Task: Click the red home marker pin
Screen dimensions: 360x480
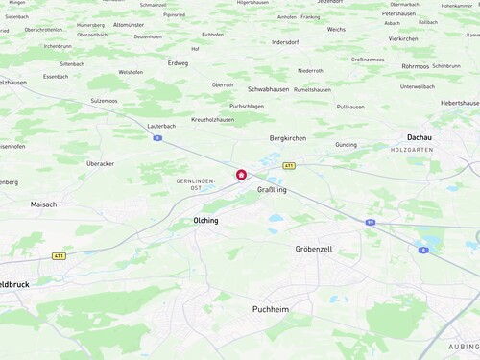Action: [x=241, y=175]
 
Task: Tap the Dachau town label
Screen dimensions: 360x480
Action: [x=420, y=138]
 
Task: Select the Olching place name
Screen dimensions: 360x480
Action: [x=205, y=221]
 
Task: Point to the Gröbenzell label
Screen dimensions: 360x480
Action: [x=313, y=249]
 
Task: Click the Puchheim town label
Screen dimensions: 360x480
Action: [x=270, y=309]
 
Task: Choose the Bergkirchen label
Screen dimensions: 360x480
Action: [x=288, y=138]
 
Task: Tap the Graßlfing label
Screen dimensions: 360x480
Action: [x=272, y=190]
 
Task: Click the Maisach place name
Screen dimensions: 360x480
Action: [x=43, y=204]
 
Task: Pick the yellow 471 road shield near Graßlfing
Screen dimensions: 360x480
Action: [x=289, y=165]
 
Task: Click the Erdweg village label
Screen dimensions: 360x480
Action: [x=179, y=63]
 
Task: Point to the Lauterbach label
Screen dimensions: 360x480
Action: [x=161, y=126]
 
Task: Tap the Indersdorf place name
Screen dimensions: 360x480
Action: [x=286, y=42]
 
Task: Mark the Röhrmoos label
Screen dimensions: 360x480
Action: [x=416, y=66]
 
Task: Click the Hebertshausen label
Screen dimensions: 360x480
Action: [x=459, y=103]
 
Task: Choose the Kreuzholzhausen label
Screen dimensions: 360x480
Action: [x=213, y=119]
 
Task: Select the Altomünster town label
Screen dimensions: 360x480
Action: [x=128, y=25]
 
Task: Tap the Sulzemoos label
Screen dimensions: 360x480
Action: [x=104, y=100]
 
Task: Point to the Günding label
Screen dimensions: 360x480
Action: [x=346, y=145]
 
